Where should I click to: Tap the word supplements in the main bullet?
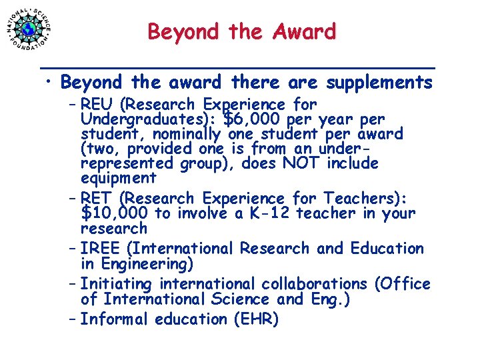coord(379,83)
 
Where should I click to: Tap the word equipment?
coord(118,178)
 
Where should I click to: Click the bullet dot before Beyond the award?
coord(50,83)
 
